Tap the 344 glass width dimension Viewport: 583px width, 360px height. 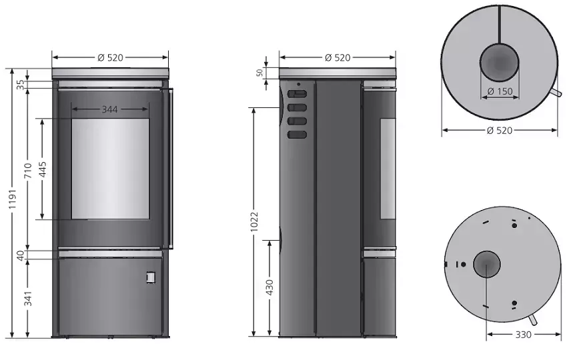pyautogui.click(x=110, y=109)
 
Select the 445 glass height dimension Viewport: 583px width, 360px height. pyautogui.click(x=43, y=169)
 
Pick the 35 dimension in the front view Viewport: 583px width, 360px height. pyautogui.click(x=20, y=84)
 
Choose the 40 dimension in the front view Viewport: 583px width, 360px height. pyautogui.click(x=20, y=254)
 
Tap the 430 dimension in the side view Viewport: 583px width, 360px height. pyautogui.click(x=269, y=287)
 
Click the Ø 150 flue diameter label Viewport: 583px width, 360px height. pyautogui.click(x=500, y=91)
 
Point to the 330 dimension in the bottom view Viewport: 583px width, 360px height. pyautogui.click(x=524, y=335)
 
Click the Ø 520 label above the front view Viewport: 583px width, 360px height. pyautogui.click(x=110, y=58)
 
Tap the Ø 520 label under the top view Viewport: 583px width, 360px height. pyautogui.click(x=500, y=130)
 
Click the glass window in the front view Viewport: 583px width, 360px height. pyautogui.click(x=110, y=169)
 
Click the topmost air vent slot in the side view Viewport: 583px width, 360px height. pyautogui.click(x=298, y=95)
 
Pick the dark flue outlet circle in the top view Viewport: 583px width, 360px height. pyautogui.click(x=500, y=64)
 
